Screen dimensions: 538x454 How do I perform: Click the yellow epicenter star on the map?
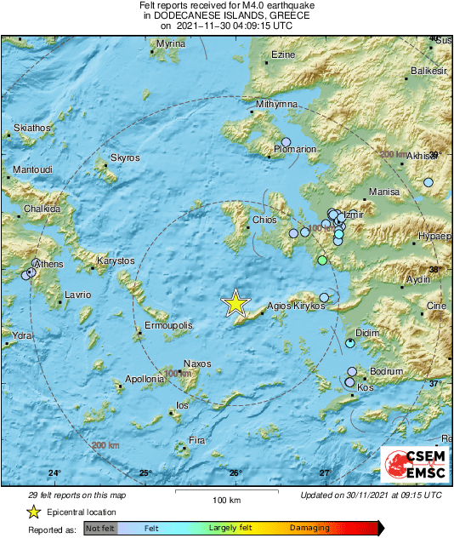[x=236, y=303]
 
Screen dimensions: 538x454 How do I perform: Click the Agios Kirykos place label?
[x=296, y=306]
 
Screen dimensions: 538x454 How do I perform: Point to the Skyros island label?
[x=125, y=157]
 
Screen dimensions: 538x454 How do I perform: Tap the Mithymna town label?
[x=277, y=104]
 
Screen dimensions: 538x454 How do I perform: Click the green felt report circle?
[x=321, y=260]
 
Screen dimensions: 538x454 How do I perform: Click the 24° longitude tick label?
[x=54, y=473]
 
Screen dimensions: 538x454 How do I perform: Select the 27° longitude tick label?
[x=326, y=473]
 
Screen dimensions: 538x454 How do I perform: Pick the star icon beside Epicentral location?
[x=33, y=512]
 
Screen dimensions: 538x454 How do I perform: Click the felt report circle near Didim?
[x=350, y=344]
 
